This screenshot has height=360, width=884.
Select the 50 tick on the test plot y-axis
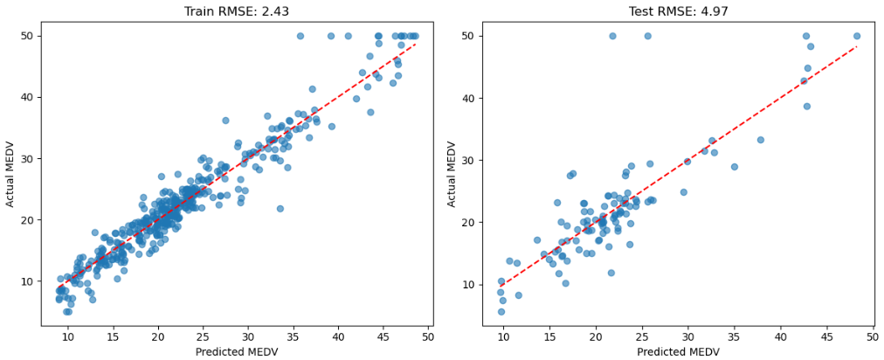(470, 37)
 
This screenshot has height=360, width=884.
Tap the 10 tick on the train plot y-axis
(27, 281)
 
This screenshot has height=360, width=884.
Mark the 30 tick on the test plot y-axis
(470, 161)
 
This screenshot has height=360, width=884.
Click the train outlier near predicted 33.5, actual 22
(280, 208)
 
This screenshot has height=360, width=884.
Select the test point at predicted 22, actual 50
(612, 36)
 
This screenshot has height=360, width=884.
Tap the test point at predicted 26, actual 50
(647, 36)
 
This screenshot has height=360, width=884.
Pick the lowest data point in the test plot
(501, 311)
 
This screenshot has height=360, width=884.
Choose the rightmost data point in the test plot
(856, 36)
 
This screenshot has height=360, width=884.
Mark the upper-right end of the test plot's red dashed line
(857, 46)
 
